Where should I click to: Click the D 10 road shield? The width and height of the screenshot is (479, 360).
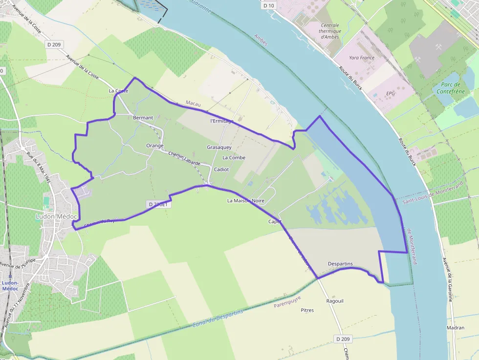tap(268, 6)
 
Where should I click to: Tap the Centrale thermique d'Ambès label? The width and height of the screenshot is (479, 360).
tap(330, 31)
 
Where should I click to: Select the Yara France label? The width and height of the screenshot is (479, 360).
tap(361, 58)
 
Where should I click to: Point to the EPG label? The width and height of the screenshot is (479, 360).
tap(391, 93)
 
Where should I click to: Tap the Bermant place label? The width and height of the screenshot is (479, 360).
tap(143, 118)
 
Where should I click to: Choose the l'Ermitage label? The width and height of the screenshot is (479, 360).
tap(221, 121)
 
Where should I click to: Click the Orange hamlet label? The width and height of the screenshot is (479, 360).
tap(154, 146)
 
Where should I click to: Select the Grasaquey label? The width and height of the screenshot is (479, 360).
tap(219, 147)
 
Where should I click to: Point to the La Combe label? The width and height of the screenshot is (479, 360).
tap(234, 158)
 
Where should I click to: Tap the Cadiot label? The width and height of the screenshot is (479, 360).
tap(221, 169)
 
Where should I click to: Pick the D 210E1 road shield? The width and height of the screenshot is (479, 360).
tap(157, 205)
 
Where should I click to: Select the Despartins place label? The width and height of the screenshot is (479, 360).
tap(340, 264)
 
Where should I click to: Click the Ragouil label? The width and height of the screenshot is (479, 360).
tap(334, 301)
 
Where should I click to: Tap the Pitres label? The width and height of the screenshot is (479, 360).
tap(307, 310)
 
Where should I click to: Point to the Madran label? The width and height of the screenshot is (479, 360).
tap(456, 328)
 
